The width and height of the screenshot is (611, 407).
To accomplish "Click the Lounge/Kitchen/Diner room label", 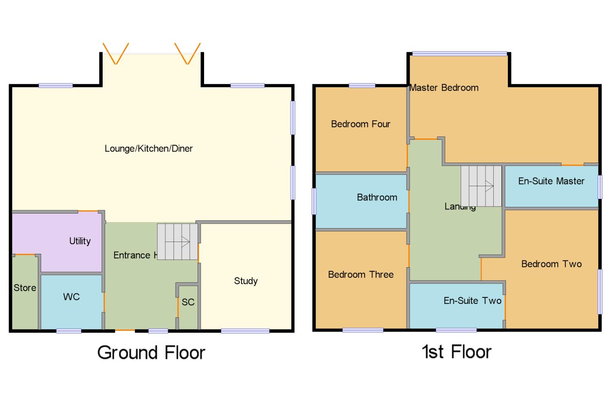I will (x=149, y=148).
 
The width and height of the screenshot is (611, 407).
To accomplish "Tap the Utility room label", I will (x=80, y=241).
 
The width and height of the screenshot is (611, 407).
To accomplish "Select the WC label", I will (x=71, y=297).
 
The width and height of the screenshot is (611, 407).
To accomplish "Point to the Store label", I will (x=25, y=288).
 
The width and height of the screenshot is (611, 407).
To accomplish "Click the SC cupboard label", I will (x=188, y=302).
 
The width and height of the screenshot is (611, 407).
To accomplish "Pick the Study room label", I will (x=246, y=281).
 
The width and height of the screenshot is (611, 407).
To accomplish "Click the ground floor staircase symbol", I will (x=177, y=242).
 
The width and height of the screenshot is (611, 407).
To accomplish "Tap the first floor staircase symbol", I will (x=481, y=186).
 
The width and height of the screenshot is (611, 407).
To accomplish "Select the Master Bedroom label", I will (x=444, y=88).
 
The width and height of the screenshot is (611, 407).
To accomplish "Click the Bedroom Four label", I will (x=360, y=124).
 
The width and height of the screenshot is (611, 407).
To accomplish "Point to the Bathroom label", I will (x=377, y=197).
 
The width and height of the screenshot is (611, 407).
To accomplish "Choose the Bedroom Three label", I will (x=361, y=275).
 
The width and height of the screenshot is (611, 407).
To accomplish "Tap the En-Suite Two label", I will (x=473, y=301).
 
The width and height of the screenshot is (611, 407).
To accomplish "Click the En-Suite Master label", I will (x=551, y=181).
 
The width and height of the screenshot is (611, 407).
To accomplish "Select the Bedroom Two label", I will (x=551, y=264).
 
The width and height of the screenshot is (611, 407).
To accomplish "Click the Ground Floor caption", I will (x=151, y=352).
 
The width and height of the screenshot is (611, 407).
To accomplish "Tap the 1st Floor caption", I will (x=457, y=352).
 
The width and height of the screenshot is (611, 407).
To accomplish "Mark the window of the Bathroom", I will (x=314, y=201).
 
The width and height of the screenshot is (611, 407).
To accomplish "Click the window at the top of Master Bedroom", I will (x=459, y=53).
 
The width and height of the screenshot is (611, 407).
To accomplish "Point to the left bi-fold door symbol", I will (x=116, y=53).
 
